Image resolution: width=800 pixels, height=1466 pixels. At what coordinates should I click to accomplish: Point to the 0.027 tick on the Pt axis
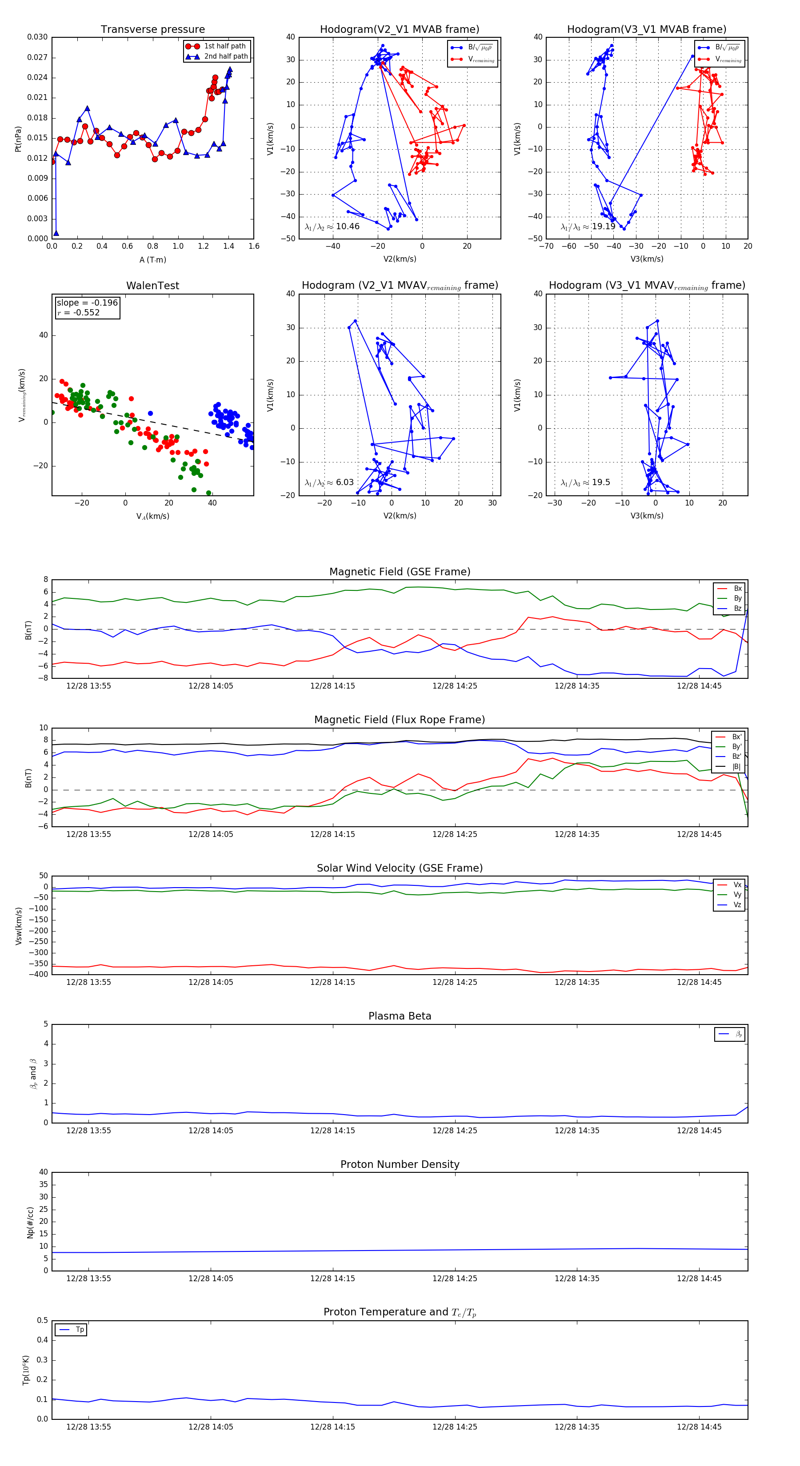click(38, 57)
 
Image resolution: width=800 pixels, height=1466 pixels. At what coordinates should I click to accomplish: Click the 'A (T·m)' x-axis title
click(152, 260)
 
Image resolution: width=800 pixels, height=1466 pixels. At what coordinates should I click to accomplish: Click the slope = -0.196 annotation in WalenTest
click(87, 303)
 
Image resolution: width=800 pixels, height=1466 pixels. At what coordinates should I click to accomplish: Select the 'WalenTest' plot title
click(152, 286)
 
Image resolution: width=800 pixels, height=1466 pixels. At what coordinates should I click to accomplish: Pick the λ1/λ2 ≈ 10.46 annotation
click(332, 227)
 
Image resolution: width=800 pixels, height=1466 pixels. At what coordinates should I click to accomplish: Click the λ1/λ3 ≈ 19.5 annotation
click(585, 482)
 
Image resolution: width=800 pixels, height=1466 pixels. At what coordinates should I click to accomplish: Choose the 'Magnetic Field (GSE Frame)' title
click(400, 572)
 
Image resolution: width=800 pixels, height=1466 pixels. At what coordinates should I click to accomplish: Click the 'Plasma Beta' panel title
click(400, 1016)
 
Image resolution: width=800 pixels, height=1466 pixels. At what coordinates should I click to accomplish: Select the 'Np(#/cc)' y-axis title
click(31, 1223)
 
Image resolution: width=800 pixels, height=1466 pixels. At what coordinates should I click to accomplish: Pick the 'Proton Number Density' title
click(400, 1164)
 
